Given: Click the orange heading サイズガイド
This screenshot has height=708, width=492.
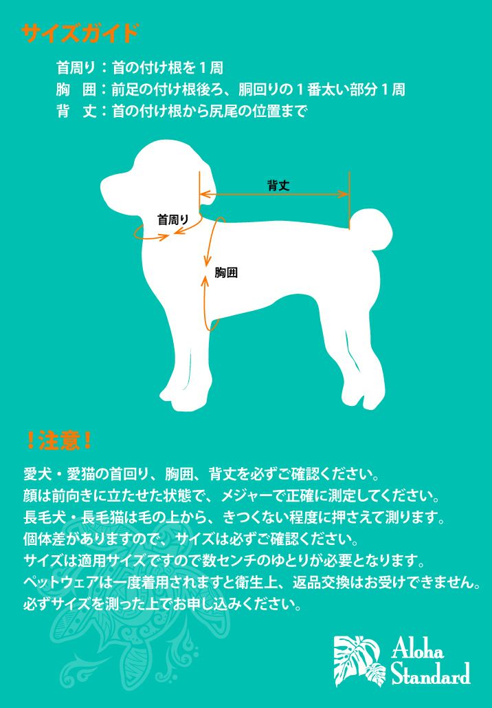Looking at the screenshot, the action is pyautogui.click(x=80, y=33).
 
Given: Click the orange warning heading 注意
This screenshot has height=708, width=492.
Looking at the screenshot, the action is pyautogui.click(x=60, y=440).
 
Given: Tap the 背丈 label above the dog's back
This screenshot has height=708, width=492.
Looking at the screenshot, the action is pyautogui.click(x=278, y=185).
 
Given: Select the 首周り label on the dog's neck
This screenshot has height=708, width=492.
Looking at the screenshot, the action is pyautogui.click(x=172, y=220).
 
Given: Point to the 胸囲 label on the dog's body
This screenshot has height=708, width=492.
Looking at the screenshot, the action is pyautogui.click(x=226, y=272).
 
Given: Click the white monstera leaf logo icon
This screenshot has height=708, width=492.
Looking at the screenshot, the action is pyautogui.click(x=360, y=660).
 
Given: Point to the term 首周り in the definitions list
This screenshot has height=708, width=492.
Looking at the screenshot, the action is pyautogui.click(x=76, y=67).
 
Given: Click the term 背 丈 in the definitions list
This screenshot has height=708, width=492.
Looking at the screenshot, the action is pyautogui.click(x=76, y=111).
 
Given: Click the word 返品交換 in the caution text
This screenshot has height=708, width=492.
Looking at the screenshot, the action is pyautogui.click(x=321, y=583).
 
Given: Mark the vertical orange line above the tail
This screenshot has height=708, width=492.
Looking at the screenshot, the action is pyautogui.click(x=350, y=200).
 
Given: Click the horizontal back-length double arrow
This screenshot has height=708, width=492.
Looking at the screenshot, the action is pyautogui.click(x=274, y=195).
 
